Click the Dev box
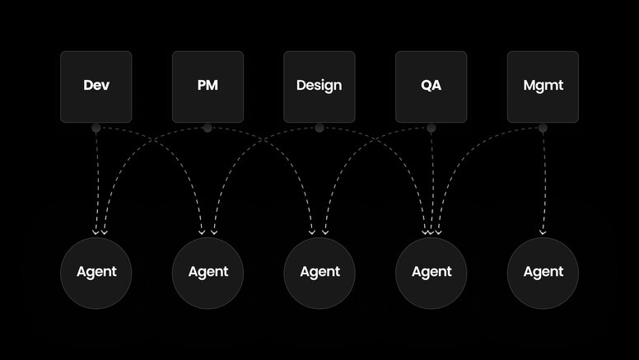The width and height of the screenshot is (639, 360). click(96, 86)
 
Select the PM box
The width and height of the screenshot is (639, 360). click(208, 86)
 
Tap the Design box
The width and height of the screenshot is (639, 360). click(319, 86)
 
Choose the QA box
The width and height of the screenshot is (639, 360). click(431, 86)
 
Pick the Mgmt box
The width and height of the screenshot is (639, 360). click(543, 86)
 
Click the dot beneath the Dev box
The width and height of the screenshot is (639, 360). click(96, 128)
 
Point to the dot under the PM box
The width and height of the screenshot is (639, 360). click(208, 128)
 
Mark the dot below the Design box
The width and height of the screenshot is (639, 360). click(319, 128)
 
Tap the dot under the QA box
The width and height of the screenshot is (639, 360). click(431, 128)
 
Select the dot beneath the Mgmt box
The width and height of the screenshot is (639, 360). click(543, 128)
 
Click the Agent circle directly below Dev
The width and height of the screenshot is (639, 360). click(96, 272)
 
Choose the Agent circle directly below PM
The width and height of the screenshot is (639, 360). click(208, 272)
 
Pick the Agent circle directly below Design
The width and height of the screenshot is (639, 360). click(319, 272)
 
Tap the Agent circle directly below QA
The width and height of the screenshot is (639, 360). click(431, 272)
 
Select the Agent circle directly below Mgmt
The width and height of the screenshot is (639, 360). click(543, 272)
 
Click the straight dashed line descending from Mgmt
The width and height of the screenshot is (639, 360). click(543, 181)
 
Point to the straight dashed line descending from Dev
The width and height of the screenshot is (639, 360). click(96, 181)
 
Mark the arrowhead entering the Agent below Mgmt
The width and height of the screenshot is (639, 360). click(543, 233)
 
